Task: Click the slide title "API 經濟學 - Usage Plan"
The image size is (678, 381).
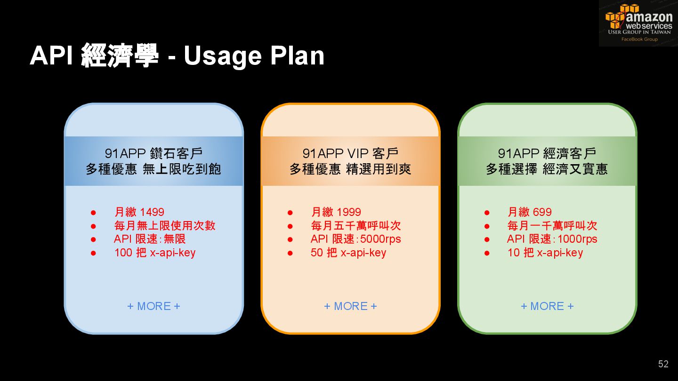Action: coord(177,56)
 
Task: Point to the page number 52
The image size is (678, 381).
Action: coord(663,364)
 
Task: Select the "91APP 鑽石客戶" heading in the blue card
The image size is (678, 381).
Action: coord(153,153)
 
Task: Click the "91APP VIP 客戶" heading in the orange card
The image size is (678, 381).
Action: coord(350,153)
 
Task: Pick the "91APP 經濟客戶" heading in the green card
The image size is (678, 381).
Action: coord(547,153)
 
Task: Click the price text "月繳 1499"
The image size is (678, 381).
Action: coord(139,212)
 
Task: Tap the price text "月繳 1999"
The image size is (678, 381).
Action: coord(336,212)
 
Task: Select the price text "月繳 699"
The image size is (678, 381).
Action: coord(530,212)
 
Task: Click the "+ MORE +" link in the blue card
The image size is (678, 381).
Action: coord(153,306)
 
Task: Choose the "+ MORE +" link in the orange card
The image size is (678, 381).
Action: coord(350,306)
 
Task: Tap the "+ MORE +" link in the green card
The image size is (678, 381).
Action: coord(547,306)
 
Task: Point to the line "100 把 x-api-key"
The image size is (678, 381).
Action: coord(155,253)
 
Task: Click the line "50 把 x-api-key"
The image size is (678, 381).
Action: coord(348,253)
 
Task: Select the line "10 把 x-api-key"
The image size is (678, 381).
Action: coord(545,253)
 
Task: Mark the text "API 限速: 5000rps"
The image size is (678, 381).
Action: coord(356,239)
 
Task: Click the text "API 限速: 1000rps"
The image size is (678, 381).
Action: coord(552,239)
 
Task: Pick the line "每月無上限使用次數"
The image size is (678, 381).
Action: coord(165,225)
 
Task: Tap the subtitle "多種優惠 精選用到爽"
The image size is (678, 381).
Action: coord(350,169)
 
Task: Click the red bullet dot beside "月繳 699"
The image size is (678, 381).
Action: coord(487,213)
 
